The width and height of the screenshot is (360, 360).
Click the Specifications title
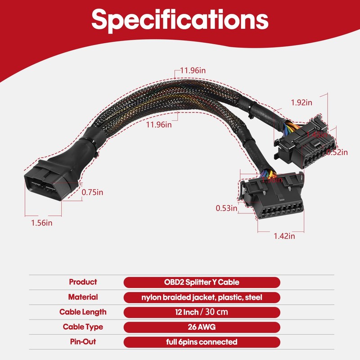(x=180, y=21)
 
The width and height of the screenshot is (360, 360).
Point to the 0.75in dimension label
(x=92, y=192)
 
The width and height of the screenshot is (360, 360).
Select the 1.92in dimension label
(x=301, y=103)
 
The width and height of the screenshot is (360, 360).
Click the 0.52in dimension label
(x=337, y=152)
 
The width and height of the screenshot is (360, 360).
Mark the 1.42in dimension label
(x=284, y=235)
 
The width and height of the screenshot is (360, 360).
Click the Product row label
(x=82, y=282)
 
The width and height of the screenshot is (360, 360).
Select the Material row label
(x=83, y=297)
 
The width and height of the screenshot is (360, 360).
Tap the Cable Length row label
(x=83, y=312)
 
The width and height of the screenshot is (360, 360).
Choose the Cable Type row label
(x=83, y=327)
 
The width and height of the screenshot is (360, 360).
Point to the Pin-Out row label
(x=83, y=342)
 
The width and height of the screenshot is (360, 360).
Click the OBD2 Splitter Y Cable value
(x=202, y=282)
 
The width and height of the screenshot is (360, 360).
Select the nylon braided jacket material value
(x=202, y=297)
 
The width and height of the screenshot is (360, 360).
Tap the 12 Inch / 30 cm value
(x=202, y=312)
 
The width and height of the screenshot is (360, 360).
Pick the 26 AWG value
(x=202, y=327)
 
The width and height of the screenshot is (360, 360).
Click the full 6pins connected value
(x=202, y=342)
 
